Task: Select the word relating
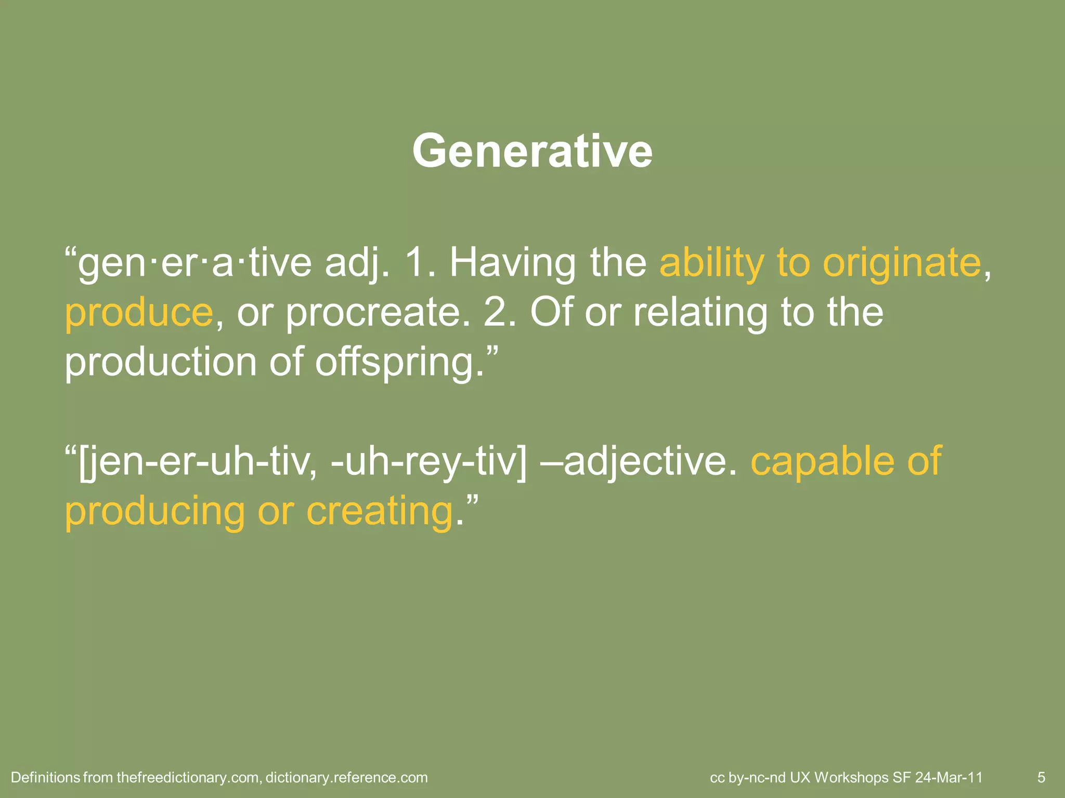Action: coord(699,313)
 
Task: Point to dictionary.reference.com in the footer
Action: coord(346,778)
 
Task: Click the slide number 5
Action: coord(1041,778)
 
